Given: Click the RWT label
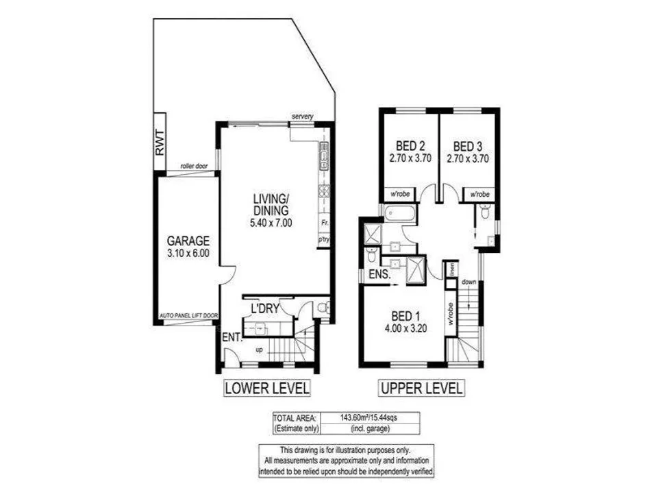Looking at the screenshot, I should point(160,142).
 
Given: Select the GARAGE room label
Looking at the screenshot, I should point(188,241).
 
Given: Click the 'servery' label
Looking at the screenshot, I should point(302,117).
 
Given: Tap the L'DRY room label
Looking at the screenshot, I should point(264,308).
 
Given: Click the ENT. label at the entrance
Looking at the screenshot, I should point(231,337).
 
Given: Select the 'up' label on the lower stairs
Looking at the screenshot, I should point(258,350).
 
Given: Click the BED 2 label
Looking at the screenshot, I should point(411,145).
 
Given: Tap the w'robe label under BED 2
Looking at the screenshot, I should point(400,195).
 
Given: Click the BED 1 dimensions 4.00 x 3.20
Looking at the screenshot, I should point(405,328).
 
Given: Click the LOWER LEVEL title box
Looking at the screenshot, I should point(267,388).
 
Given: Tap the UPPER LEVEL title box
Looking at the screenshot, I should point(421,388).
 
